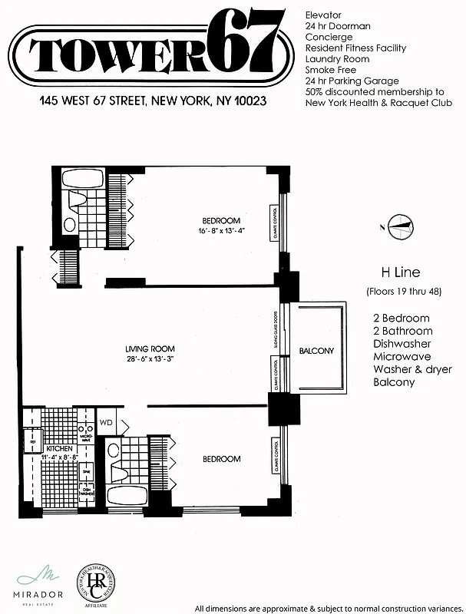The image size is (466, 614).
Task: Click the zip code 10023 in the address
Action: [247, 101]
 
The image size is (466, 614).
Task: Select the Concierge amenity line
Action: [329, 37]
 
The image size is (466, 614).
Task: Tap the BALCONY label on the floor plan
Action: [316, 352]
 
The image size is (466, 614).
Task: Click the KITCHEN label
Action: [59, 448]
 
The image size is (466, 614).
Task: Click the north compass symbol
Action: [399, 224]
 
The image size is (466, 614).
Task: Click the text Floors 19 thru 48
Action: [399, 290]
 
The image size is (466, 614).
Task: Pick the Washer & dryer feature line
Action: [411, 369]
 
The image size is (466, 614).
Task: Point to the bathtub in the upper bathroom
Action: [82, 181]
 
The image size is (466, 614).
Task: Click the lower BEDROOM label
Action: [221, 459]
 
